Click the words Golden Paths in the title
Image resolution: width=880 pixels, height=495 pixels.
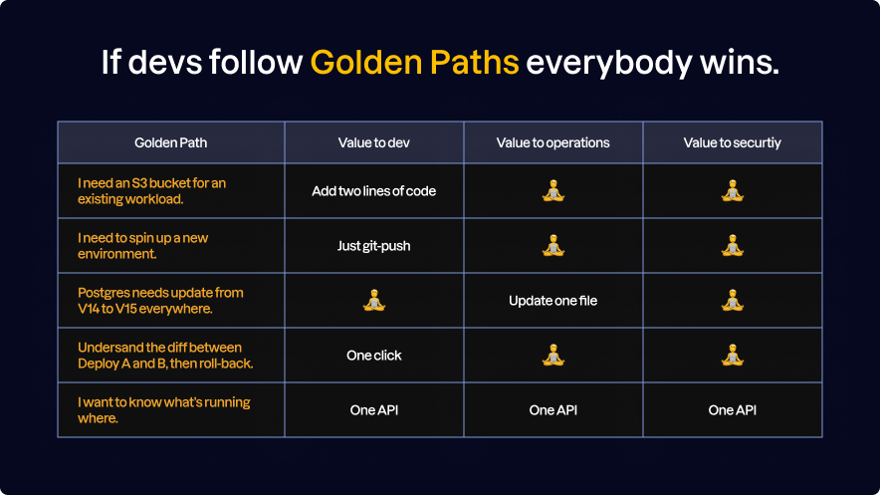414,62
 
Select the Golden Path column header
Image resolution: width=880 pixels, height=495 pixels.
171,142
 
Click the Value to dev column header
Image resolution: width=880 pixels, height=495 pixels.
373,142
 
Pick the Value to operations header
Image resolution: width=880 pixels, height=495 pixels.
552,142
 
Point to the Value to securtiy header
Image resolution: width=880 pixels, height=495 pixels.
732,142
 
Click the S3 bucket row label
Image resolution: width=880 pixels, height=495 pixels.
151,190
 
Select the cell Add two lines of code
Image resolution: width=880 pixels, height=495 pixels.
373,190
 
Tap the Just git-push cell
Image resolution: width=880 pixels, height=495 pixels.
373,245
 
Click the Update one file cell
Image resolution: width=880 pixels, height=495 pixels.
552,300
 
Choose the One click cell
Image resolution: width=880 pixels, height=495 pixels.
373,355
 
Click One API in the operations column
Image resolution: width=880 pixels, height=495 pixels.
552,409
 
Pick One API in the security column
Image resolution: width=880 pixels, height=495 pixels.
732,409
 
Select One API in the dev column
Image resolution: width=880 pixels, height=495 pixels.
373,409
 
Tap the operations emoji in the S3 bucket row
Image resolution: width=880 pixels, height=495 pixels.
552,190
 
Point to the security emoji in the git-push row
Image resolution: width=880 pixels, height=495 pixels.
732,245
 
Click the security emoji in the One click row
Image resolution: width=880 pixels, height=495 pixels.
732,355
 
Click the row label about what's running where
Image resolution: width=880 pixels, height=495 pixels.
163,409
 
